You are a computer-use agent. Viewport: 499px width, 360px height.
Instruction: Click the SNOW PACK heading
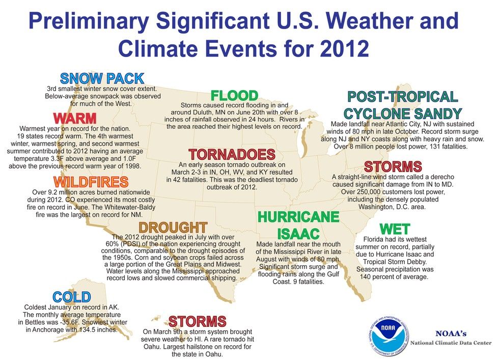tap(102, 78)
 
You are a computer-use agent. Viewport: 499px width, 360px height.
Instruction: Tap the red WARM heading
tap(75, 119)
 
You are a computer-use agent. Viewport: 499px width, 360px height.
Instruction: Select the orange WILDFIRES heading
tap(91, 182)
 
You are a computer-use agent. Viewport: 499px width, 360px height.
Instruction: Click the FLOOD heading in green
tap(235, 96)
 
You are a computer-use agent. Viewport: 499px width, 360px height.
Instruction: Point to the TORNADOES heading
tap(232, 155)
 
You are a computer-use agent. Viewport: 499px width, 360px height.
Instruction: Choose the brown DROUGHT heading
tap(173, 228)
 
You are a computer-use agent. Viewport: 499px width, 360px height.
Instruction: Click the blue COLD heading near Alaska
tap(72, 297)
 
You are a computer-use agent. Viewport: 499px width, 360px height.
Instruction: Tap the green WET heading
tap(395, 229)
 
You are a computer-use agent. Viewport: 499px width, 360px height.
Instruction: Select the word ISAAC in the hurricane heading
tap(298, 234)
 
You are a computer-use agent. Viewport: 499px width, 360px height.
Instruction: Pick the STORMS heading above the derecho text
tap(393, 167)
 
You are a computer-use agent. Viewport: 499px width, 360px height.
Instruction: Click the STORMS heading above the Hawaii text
tap(198, 321)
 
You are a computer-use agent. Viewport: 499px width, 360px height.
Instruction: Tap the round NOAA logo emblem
tap(389, 337)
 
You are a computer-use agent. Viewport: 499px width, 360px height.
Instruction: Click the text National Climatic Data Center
tap(451, 343)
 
